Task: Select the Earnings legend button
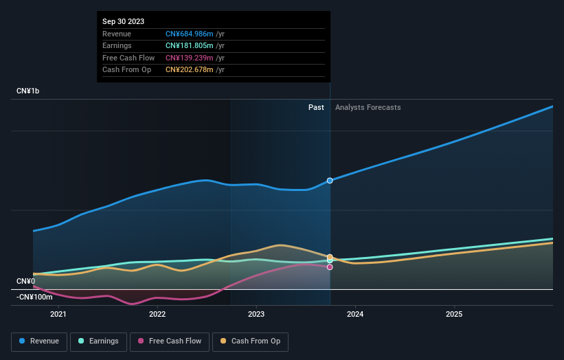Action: (98, 341)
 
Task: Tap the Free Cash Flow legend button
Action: (170, 341)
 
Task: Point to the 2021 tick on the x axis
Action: (58, 315)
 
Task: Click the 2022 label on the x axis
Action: (157, 315)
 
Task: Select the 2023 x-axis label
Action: (256, 315)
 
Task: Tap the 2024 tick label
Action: (355, 315)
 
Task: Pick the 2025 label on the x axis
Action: (454, 315)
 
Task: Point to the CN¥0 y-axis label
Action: (25, 281)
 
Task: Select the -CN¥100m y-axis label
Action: (34, 297)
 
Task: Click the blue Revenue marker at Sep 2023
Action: (330, 181)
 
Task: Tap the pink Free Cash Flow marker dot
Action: (330, 267)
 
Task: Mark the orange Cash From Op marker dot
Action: (330, 257)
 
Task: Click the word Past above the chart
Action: (316, 107)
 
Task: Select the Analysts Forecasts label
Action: (368, 107)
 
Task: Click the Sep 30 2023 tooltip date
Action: (124, 22)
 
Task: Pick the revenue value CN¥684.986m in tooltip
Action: (190, 34)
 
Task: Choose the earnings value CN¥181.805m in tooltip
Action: (190, 46)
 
